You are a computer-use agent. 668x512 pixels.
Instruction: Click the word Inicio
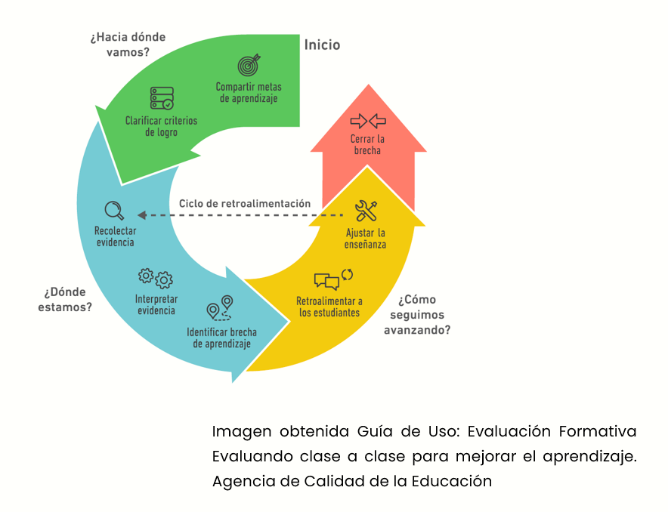(x=322, y=45)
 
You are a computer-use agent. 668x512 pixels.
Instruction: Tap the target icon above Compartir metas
(x=249, y=65)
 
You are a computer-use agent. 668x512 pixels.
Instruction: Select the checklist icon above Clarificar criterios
(x=162, y=98)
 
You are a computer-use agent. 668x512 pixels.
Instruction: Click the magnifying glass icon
(x=114, y=211)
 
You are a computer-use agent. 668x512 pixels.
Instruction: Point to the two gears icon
(x=156, y=279)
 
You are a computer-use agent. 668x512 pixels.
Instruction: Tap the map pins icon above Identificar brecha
(x=220, y=308)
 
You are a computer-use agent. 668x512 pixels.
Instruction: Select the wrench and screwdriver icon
(x=366, y=211)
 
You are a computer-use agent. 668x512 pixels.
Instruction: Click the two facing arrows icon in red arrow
(x=368, y=122)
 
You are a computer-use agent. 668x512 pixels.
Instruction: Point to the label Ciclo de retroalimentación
(x=245, y=203)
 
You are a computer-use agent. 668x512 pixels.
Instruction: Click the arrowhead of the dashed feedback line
(x=142, y=215)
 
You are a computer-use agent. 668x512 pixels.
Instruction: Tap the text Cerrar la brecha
(x=367, y=145)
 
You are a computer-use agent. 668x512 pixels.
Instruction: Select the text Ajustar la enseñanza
(x=366, y=239)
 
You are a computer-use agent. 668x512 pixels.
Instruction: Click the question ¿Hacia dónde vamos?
(x=128, y=45)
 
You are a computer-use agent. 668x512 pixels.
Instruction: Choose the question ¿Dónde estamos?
(x=65, y=300)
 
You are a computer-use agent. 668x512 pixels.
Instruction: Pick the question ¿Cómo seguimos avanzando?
(x=417, y=314)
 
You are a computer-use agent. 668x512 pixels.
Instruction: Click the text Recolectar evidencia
(x=115, y=236)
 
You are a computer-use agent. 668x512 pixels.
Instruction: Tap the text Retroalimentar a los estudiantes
(x=329, y=307)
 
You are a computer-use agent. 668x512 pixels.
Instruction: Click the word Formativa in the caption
(x=597, y=431)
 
